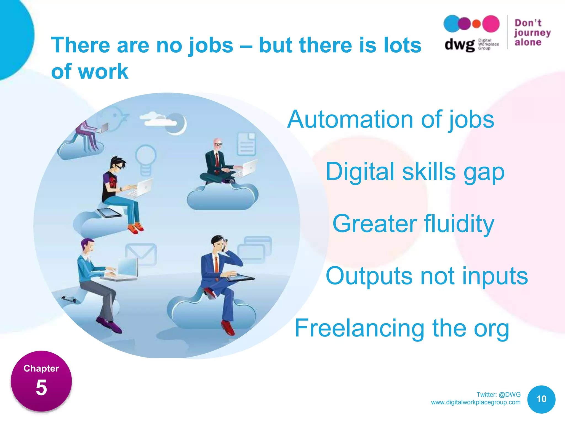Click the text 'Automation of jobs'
(x=391, y=120)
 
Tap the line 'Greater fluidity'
(x=413, y=224)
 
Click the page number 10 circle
(x=541, y=399)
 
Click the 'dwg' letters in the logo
(x=460, y=45)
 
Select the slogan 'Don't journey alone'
(x=532, y=32)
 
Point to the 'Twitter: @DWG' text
(x=498, y=394)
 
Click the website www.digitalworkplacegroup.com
(x=476, y=402)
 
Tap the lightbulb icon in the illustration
(x=146, y=160)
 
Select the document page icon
(x=246, y=144)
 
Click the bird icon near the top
(x=113, y=118)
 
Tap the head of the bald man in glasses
(x=217, y=143)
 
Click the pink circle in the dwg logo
(x=491, y=24)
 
